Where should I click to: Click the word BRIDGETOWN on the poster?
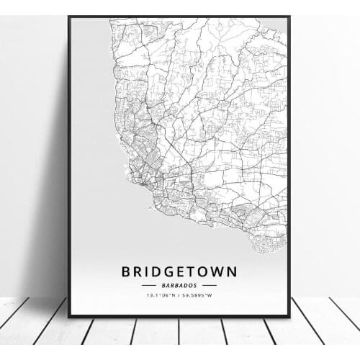(179, 271)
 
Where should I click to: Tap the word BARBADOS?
(179, 285)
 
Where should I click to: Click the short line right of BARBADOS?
(211, 285)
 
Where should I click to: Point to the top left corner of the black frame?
(69, 17)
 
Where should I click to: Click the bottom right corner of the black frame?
(289, 316)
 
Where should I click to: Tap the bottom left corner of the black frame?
(69, 316)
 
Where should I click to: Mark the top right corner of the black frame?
(289, 17)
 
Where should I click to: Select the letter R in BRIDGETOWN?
(134, 271)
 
